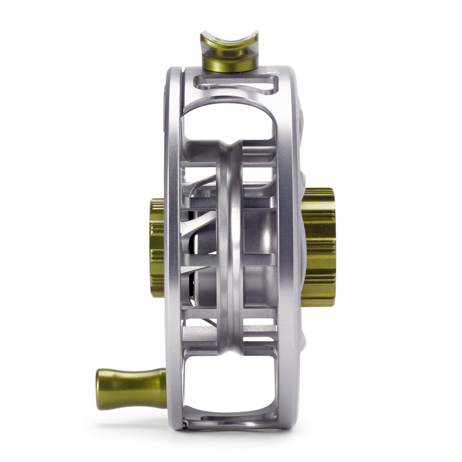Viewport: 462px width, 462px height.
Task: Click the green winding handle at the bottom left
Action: pos(132,389)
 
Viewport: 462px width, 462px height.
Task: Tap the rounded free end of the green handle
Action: pos(100,389)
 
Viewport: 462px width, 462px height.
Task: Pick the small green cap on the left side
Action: pos(157,247)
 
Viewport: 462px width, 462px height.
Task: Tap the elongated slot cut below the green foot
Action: pos(236,85)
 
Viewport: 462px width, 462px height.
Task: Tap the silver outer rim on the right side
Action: pos(289,249)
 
